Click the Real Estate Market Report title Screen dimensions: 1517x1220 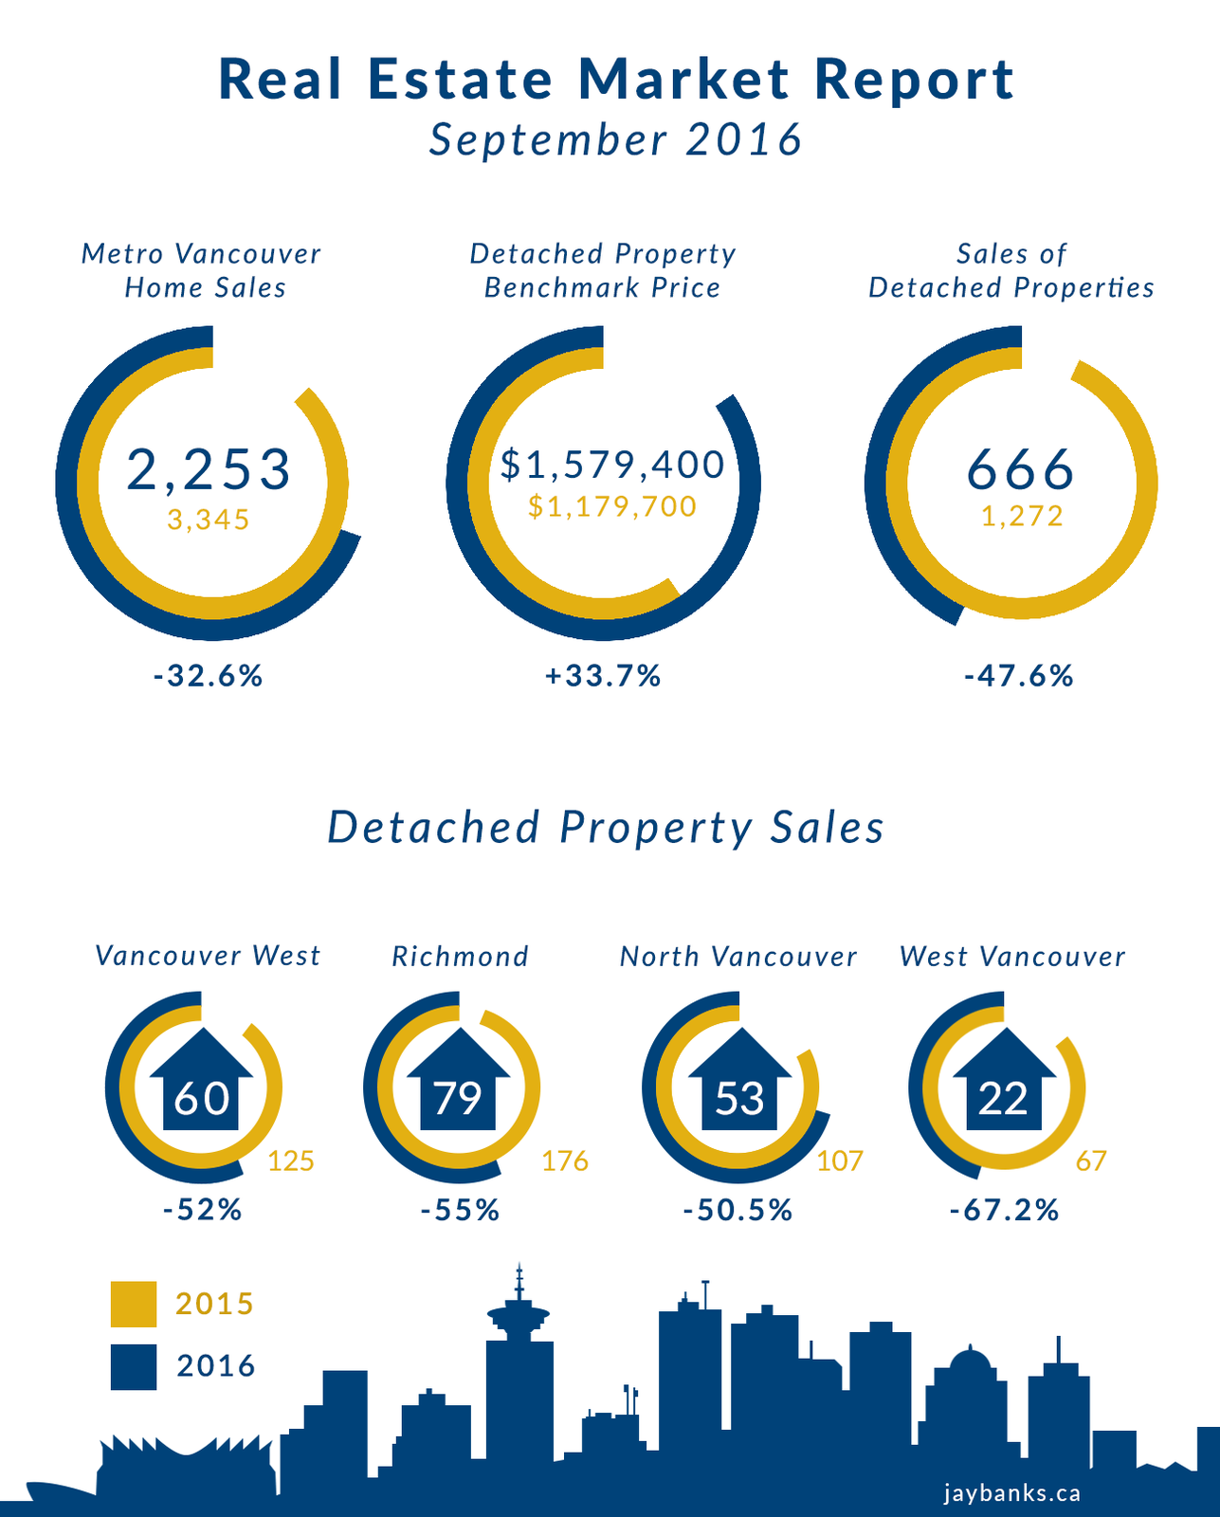tap(616, 80)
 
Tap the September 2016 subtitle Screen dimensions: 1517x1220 tap(616, 140)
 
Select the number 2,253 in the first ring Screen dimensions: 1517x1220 tap(209, 469)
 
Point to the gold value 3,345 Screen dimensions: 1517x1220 tap(209, 520)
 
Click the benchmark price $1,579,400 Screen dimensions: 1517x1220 tap(612, 465)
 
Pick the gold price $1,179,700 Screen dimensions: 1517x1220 tap(612, 506)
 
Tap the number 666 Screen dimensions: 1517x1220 tap(1020, 469)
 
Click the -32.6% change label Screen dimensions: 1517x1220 tap(208, 676)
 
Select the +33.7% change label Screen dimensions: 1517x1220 tap(603, 676)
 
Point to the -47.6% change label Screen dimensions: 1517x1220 tap(1019, 676)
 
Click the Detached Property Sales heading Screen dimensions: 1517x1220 tap(606, 827)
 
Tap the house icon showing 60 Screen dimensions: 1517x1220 tap(201, 1086)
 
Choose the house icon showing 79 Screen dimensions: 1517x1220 tap(459, 1086)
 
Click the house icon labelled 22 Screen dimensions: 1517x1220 tap(1003, 1086)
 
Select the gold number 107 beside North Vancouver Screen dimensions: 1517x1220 tap(840, 1161)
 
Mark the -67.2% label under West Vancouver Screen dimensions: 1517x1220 tap(1004, 1210)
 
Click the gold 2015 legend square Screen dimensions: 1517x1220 tap(134, 1305)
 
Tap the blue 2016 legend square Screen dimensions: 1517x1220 tap(134, 1367)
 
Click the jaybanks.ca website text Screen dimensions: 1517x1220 tap(1011, 1493)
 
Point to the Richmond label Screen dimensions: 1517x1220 tap(461, 957)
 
